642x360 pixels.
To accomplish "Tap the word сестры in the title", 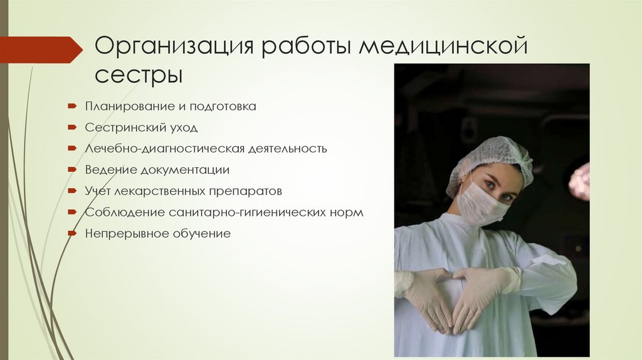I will (x=139, y=76).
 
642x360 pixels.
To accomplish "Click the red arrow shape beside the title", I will (x=40, y=50).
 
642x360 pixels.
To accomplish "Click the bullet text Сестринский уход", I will (x=141, y=128).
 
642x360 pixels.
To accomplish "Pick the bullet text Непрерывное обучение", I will (x=158, y=233).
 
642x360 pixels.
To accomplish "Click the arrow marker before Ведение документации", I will (x=73, y=170).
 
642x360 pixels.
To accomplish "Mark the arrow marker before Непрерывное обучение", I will (x=73, y=233).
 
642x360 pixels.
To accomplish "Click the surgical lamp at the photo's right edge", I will (x=580, y=181).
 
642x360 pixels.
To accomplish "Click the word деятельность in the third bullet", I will (x=288, y=149).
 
